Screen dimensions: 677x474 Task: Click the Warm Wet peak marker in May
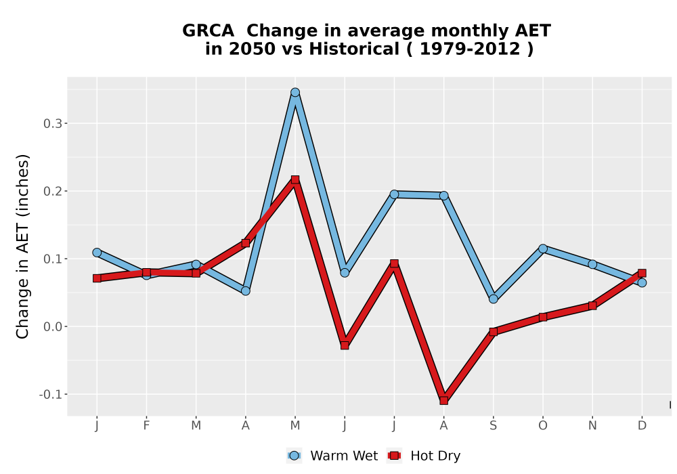tap(295, 92)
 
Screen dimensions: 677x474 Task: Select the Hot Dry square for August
tap(444, 400)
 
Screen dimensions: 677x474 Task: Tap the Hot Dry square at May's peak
tap(295, 179)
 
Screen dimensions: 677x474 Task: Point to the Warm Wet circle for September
tap(494, 299)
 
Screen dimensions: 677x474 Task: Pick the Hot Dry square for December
tap(642, 273)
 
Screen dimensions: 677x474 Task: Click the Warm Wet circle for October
tap(543, 249)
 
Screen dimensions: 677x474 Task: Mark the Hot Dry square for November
tap(592, 305)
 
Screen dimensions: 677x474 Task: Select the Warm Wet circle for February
tap(146, 274)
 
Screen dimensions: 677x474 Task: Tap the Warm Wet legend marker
tap(294, 456)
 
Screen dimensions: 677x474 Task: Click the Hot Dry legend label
tap(435, 456)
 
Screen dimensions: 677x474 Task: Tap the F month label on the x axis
tap(146, 426)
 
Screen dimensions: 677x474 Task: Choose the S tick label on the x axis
tap(494, 426)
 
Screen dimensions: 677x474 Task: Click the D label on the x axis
tap(642, 426)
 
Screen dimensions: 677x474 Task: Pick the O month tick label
tap(543, 426)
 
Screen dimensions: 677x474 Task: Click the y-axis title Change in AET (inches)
tap(22, 246)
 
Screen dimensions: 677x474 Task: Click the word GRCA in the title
tap(208, 31)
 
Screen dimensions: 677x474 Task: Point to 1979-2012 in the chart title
tap(470, 49)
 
